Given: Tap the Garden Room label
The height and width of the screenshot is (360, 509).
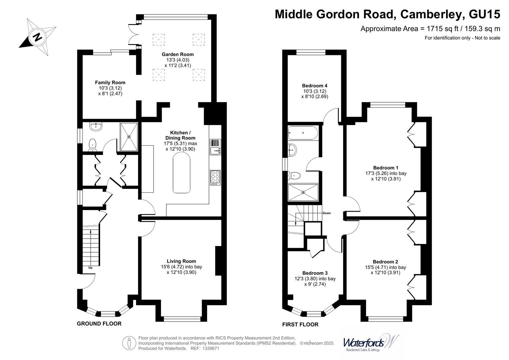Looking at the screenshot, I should (x=178, y=54).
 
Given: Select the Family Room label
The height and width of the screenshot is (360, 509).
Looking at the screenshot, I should (x=110, y=82).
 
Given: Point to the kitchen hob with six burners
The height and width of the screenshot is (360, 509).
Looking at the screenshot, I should (x=215, y=178).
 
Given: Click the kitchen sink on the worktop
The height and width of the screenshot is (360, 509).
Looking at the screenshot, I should (x=215, y=147).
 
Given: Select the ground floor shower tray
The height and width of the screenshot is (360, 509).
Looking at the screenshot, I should (x=129, y=136).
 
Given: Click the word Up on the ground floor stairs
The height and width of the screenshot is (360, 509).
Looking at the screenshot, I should (x=90, y=268).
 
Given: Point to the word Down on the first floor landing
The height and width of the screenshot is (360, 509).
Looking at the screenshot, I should (x=327, y=213).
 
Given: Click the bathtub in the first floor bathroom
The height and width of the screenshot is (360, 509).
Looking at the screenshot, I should (x=303, y=133).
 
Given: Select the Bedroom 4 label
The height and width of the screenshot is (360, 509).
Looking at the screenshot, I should (x=315, y=86).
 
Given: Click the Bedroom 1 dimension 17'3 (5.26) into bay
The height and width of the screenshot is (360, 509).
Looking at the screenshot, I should (x=386, y=173).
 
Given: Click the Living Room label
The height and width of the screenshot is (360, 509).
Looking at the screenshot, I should (x=181, y=261).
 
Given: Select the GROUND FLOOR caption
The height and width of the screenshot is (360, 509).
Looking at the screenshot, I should (x=99, y=324).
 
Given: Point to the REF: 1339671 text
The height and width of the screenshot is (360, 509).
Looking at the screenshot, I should (x=205, y=349).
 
